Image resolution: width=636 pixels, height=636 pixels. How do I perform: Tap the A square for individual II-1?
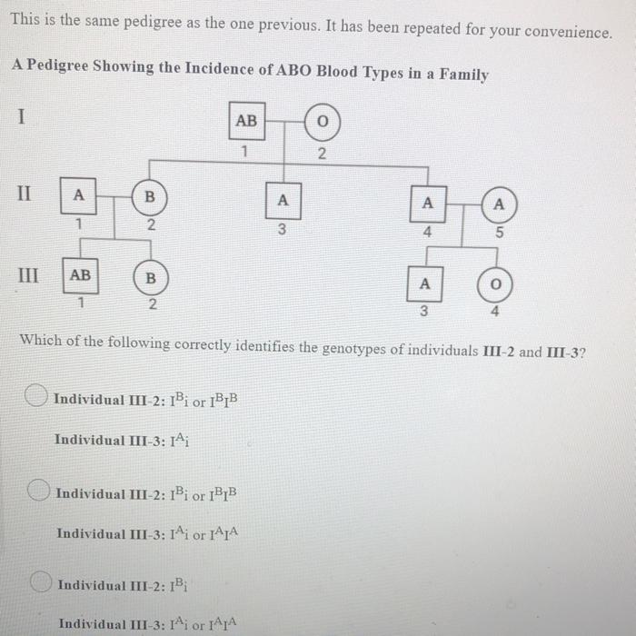pos(79,195)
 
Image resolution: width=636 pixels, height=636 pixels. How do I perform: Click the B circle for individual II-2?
pos(150,195)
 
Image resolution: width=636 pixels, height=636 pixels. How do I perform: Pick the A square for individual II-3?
pos(283,201)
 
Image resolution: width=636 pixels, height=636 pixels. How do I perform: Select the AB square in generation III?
pos(80,274)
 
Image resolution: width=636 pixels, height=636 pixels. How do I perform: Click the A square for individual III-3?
pos(423,283)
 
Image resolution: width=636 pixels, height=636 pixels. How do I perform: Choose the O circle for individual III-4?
pos(495,285)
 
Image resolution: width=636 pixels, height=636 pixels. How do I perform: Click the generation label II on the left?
pos(26,194)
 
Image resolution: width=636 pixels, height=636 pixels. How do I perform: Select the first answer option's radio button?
pos(37,396)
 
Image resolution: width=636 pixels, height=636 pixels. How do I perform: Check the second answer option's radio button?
pos(38,491)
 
